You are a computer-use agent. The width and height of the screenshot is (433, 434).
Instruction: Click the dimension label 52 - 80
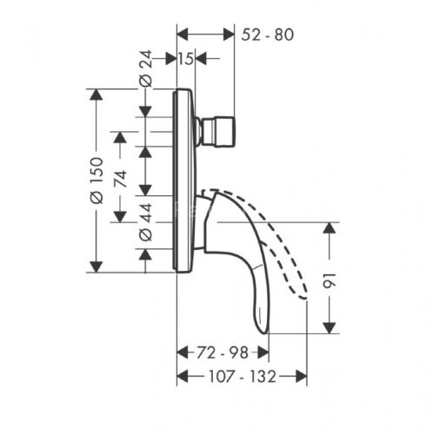[x=267, y=35]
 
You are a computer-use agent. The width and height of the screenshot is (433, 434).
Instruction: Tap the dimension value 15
[x=186, y=59]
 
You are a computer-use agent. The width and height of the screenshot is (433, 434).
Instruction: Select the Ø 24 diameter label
[x=146, y=69]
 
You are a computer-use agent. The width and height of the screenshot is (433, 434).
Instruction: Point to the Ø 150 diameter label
[x=97, y=181]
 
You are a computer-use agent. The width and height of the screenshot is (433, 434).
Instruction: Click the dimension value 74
[x=121, y=179]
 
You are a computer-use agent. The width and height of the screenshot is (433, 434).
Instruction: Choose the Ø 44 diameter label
[x=146, y=222]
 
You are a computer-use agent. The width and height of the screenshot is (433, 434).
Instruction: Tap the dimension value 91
[x=330, y=280]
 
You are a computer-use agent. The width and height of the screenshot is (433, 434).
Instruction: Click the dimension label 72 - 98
[x=223, y=352]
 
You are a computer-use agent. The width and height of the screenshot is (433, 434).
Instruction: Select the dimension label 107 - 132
[x=243, y=377]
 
